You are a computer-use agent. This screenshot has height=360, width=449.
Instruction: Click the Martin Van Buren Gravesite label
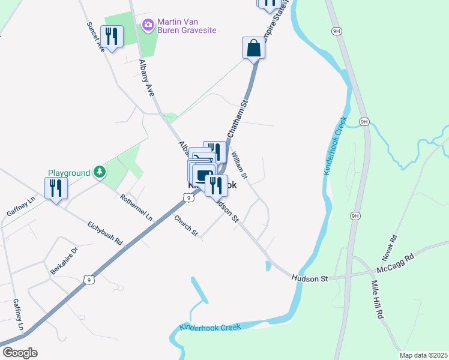coord(187,26)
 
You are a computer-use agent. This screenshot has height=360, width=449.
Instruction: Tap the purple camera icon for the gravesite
coord(147,25)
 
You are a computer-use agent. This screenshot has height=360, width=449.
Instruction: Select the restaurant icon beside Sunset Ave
coord(112,37)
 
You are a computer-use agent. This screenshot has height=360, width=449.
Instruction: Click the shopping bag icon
coord(254,49)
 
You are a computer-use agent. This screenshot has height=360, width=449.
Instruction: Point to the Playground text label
coord(68,173)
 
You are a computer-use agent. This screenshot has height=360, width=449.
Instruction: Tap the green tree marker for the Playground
coord(99,173)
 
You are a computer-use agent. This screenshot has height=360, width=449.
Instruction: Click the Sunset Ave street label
coord(95,37)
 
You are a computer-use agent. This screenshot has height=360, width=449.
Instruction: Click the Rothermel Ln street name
coord(136,208)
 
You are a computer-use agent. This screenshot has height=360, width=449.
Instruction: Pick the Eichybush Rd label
coord(104,233)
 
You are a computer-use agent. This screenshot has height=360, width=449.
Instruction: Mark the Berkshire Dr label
coord(64,260)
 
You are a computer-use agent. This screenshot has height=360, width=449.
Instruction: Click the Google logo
coord(20,353)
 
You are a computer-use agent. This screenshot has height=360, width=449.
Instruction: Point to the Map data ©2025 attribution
coord(423,355)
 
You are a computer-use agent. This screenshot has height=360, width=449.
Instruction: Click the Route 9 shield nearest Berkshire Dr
coord(89,280)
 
